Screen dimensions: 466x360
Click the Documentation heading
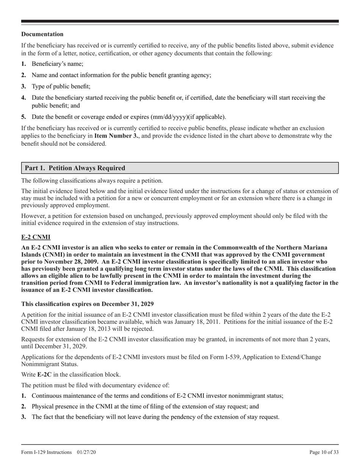pos(42,34)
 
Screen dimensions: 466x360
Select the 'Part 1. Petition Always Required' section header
pos(75,168)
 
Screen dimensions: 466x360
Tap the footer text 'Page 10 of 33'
pos(324,452)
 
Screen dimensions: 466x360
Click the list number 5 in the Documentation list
pos(23,116)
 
